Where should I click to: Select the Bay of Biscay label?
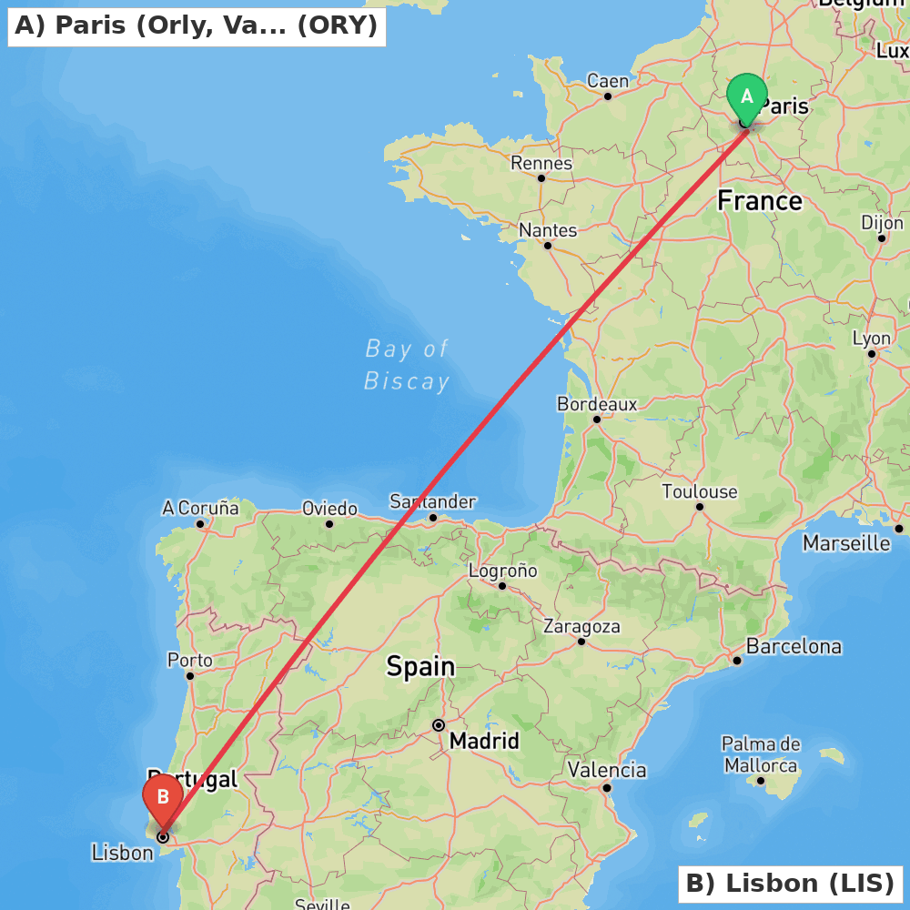pos(407,365)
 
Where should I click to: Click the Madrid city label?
pos(484,741)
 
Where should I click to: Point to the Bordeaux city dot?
pos(597,420)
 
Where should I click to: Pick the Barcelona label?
pos(794,647)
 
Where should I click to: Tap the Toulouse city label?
pos(699,491)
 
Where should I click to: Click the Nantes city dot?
pos(548,246)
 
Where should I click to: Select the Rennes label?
pos(541,163)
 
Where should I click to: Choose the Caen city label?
pos(608,81)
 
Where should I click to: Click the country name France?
pos(760,200)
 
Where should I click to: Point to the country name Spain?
pos(420,666)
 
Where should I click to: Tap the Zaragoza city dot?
pos(581,642)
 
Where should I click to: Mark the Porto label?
pos(190,661)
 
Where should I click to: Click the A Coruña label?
pos(200,508)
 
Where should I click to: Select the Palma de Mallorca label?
pos(761,755)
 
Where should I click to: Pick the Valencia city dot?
pos(607,788)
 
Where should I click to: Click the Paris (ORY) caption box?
pos(197,26)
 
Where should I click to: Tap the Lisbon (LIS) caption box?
pos(790,884)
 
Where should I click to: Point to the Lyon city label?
pos(871,339)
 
